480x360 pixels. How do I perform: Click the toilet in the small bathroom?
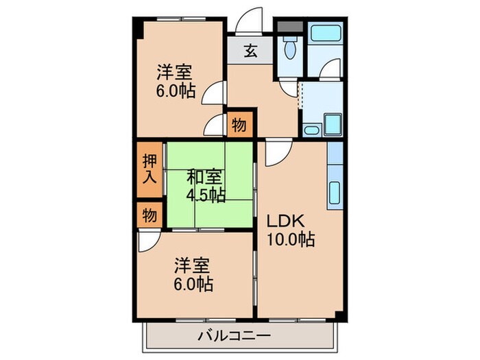pyautogui.click(x=289, y=47)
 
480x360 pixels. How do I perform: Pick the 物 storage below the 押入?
pyautogui.click(x=149, y=215)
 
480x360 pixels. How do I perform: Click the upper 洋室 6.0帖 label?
pyautogui.click(x=175, y=81)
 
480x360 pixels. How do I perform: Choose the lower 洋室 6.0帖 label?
pyautogui.click(x=193, y=274)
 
